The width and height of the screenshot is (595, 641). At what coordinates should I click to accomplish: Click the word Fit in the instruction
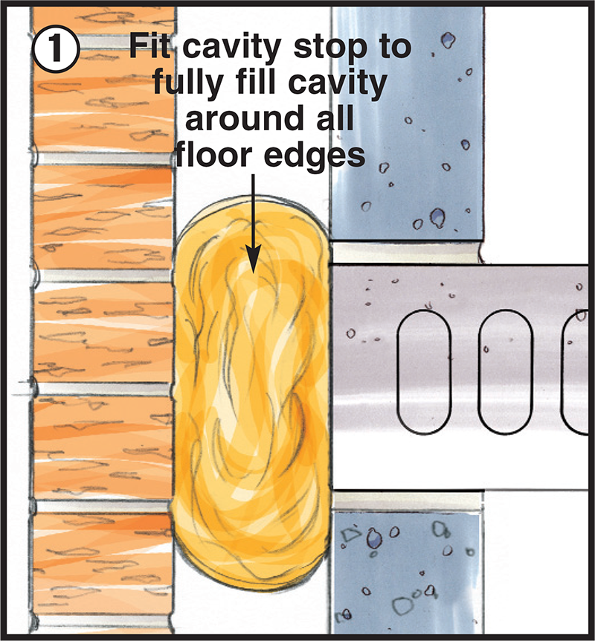(x=150, y=46)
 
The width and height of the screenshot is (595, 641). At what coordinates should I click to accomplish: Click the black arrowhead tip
(x=253, y=272)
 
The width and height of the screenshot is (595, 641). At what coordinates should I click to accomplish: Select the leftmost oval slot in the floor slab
(x=424, y=371)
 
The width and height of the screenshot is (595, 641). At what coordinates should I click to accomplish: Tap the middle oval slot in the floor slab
(x=505, y=371)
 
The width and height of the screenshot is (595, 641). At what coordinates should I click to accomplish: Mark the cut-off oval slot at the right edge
(x=576, y=371)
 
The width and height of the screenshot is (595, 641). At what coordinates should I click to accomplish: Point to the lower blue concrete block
(x=406, y=573)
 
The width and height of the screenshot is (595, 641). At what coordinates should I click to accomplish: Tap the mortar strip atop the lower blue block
(x=407, y=501)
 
